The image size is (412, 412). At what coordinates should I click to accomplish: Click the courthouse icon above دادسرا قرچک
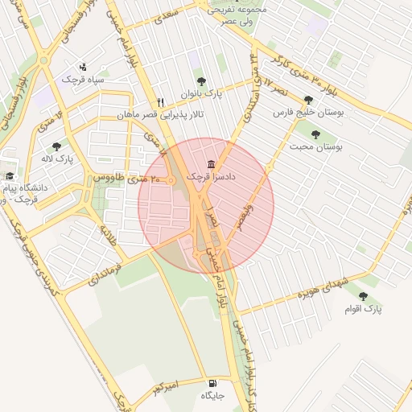click(212, 163)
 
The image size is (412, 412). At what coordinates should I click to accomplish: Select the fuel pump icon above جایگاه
click(212, 383)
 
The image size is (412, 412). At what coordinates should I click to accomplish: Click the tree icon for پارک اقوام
click(364, 296)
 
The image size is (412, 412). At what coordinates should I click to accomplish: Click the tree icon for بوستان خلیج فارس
click(308, 101)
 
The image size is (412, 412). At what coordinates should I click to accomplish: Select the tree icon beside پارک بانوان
click(201, 81)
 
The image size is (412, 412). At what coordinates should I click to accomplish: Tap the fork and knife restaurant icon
click(161, 102)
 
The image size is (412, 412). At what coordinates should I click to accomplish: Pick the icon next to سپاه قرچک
click(83, 67)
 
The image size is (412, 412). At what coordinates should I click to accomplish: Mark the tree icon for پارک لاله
click(56, 146)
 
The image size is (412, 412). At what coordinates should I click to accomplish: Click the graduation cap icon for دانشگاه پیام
click(10, 176)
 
